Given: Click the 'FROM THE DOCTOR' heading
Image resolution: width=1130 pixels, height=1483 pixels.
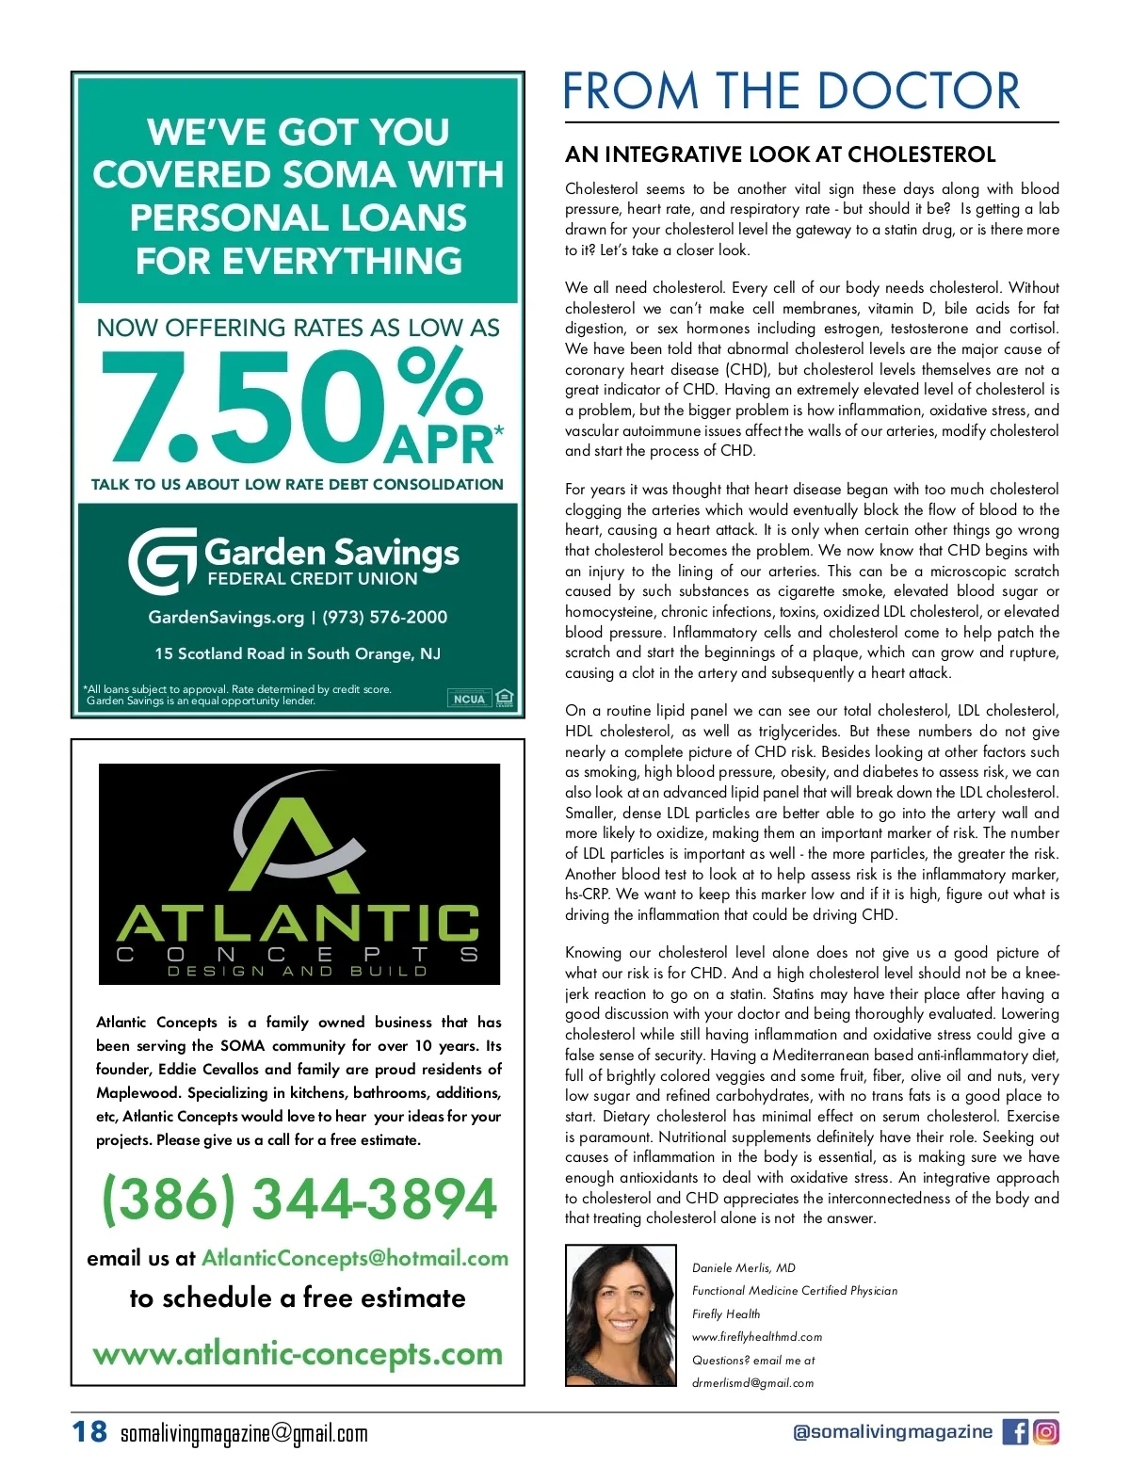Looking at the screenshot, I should tap(791, 91).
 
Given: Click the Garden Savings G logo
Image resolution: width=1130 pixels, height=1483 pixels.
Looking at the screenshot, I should tap(162, 560).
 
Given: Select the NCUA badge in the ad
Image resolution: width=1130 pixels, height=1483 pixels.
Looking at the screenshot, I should tap(469, 699).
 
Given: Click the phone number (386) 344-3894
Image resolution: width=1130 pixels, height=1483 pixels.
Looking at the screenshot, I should tap(299, 1199).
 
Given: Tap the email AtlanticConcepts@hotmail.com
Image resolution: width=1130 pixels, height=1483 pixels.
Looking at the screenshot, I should tap(355, 1258).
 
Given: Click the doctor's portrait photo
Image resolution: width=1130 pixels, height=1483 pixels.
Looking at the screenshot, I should tap(621, 1315).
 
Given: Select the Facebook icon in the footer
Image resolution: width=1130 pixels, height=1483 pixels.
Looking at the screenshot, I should tap(1015, 1432).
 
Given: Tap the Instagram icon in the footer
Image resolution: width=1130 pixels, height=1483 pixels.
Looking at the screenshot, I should tap(1046, 1432).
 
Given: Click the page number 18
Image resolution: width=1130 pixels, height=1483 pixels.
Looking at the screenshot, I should tap(89, 1432).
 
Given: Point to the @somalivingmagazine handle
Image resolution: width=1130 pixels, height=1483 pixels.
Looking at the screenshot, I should tap(892, 1432).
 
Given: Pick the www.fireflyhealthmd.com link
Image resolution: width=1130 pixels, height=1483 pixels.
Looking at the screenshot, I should tap(757, 1337).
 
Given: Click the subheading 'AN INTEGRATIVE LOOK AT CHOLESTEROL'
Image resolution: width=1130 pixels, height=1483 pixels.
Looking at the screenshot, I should tap(780, 154).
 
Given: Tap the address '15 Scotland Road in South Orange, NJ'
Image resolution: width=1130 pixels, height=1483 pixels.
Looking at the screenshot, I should tap(298, 653).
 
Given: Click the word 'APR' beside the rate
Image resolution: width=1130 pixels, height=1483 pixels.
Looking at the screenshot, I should tap(440, 445).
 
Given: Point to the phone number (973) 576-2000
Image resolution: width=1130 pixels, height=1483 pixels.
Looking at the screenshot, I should tap(385, 618).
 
